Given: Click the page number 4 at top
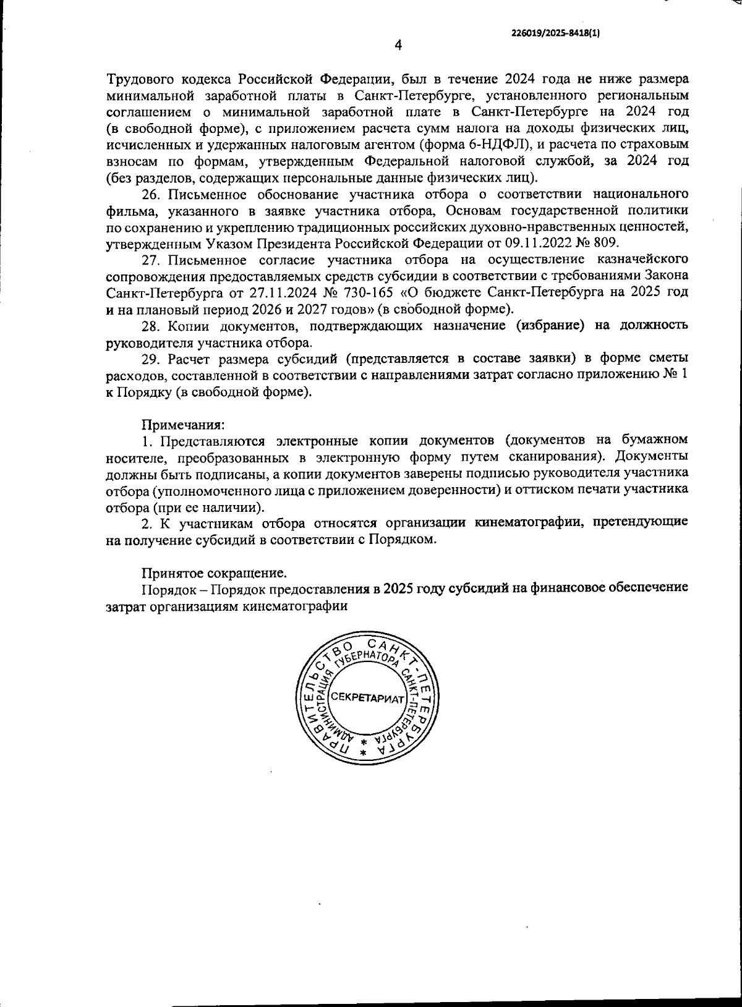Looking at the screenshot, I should (398, 45).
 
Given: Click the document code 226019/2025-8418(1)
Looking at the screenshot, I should (556, 35).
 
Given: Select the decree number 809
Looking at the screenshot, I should (605, 243).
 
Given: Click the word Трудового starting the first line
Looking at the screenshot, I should (140, 79).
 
